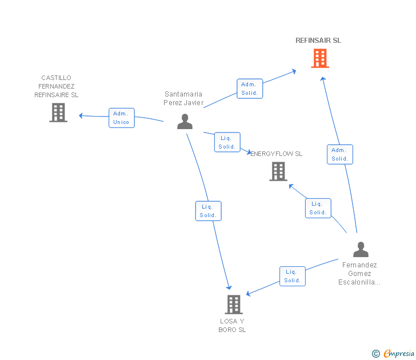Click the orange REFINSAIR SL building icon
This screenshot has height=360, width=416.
[x=320, y=58]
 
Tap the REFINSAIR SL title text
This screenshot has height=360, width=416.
[x=318, y=41]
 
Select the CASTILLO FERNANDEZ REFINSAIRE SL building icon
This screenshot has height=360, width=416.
[x=58, y=113]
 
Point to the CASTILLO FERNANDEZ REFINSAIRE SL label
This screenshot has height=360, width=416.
[x=57, y=86]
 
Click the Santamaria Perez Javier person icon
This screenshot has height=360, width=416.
[x=185, y=122]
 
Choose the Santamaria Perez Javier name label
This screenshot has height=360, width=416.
[x=183, y=98]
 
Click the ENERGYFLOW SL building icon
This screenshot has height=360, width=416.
[x=278, y=171]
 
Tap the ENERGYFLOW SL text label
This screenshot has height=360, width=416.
[x=277, y=154]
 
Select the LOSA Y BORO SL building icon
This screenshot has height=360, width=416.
[x=233, y=305]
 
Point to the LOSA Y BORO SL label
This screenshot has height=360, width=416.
[x=232, y=325]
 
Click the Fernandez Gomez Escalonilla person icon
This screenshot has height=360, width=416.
[x=361, y=250]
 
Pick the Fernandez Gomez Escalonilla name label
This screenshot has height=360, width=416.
[x=359, y=273]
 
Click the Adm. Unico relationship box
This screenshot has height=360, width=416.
[x=122, y=118]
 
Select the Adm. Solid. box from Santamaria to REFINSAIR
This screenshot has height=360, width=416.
[x=250, y=89]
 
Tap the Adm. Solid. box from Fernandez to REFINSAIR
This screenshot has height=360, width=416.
[x=340, y=154]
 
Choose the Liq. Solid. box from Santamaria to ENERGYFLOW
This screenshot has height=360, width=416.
[x=227, y=142]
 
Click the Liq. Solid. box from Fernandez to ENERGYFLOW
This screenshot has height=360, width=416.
[x=318, y=208]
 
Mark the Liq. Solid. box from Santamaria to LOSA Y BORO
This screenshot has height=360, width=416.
[x=208, y=211]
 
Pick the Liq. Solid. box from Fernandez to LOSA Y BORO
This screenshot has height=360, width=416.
[x=293, y=276]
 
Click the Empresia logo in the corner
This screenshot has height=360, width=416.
[x=394, y=354]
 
